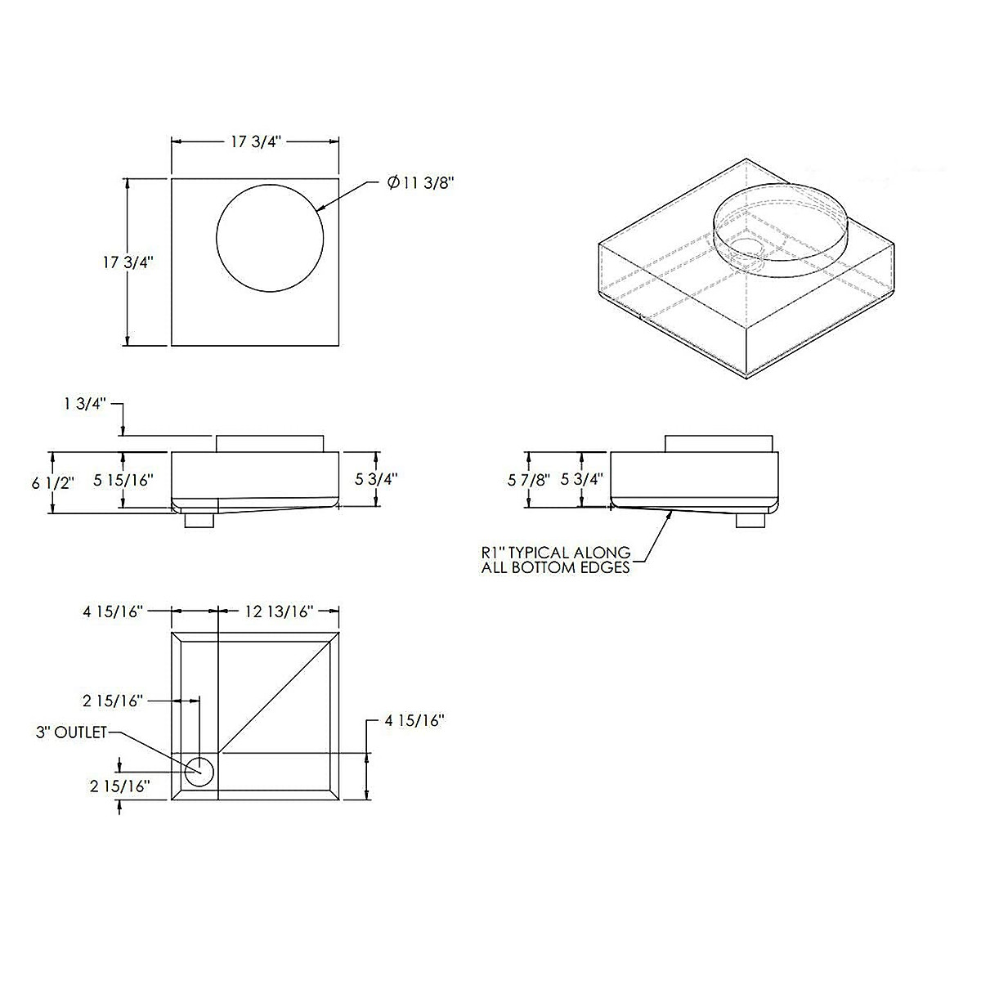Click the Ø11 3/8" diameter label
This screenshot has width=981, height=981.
[x=420, y=183]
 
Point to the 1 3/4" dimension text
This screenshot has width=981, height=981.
[x=84, y=404]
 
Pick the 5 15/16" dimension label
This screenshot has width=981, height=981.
[x=123, y=481]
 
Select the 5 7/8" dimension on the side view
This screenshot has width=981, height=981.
[x=528, y=480]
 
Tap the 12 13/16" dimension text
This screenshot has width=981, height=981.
[x=277, y=611]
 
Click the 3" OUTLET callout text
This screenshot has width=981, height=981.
[x=71, y=732]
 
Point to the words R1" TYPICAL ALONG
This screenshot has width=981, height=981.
[x=555, y=553]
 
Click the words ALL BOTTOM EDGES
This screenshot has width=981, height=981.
[x=555, y=567]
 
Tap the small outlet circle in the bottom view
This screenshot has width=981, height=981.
[x=199, y=771]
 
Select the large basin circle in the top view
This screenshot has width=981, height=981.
[x=270, y=237]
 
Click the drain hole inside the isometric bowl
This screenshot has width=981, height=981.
[x=746, y=247]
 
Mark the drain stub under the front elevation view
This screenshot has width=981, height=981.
[x=199, y=520]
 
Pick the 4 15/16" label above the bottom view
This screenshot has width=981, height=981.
[x=114, y=611]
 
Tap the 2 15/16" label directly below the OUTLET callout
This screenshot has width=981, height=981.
[x=120, y=786]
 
